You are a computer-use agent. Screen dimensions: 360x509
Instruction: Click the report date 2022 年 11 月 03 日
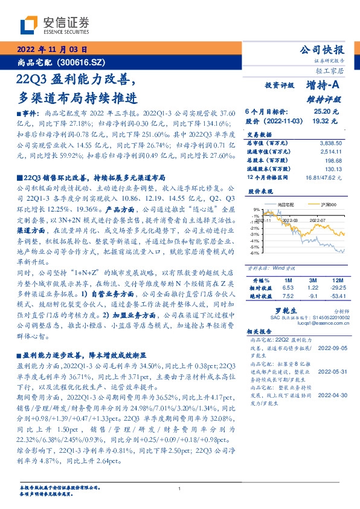coord(51,50)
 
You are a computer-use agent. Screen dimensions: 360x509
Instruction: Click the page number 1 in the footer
coord(180,488)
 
